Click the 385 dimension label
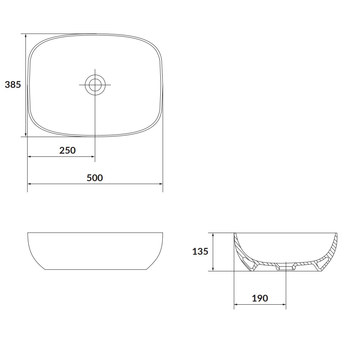pyautogui.click(x=13, y=84)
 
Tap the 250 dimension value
pyautogui.click(x=67, y=150)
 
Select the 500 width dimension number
pyautogui.click(x=95, y=178)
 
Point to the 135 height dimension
pyautogui.click(x=200, y=251)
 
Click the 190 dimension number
pyautogui.click(x=260, y=298)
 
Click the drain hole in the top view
pyautogui.click(x=95, y=85)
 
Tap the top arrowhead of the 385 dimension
pyautogui.click(x=26, y=36)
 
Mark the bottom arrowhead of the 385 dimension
pyautogui.click(x=26, y=134)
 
